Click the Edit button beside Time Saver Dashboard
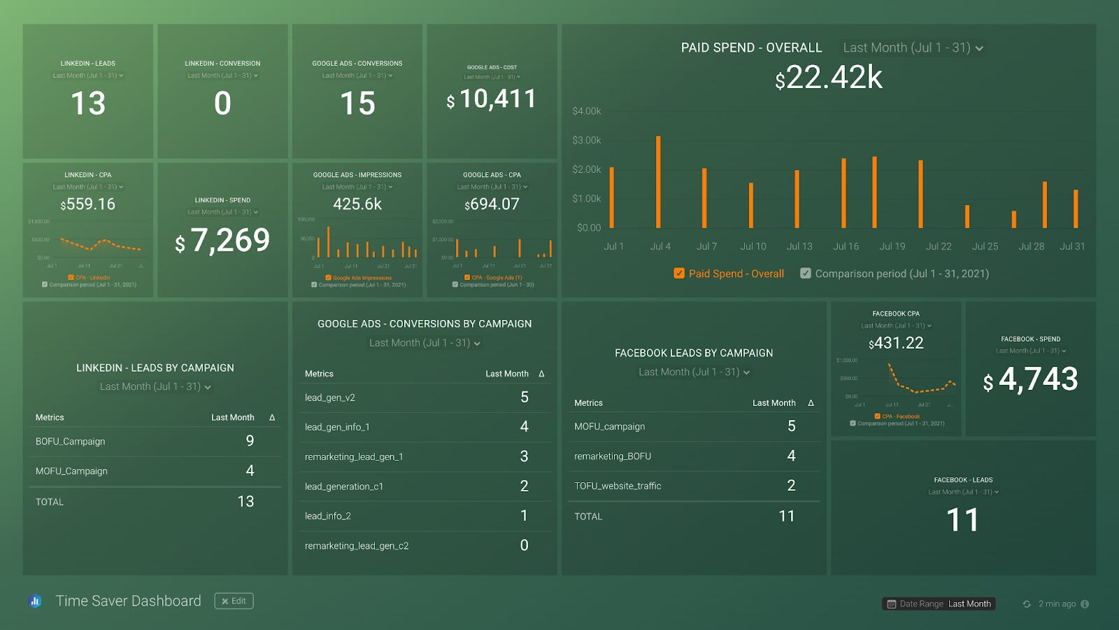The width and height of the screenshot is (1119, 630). pyautogui.click(x=234, y=601)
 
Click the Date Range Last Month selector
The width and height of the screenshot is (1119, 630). pyautogui.click(x=939, y=603)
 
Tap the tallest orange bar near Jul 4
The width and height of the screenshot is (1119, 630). pyautogui.click(x=658, y=182)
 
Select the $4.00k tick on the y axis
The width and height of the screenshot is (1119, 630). pyautogui.click(x=586, y=111)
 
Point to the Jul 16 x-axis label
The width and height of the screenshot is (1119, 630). pyautogui.click(x=846, y=246)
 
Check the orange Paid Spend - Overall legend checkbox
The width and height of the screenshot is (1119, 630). pyautogui.click(x=679, y=274)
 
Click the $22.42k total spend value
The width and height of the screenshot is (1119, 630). pyautogui.click(x=829, y=78)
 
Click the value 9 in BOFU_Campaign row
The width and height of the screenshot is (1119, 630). pyautogui.click(x=250, y=441)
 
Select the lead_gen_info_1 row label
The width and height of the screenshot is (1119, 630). pyautogui.click(x=337, y=427)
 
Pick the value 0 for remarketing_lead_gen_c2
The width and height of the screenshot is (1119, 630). pyautogui.click(x=524, y=545)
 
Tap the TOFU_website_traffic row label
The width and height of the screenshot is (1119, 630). pyautogui.click(x=618, y=486)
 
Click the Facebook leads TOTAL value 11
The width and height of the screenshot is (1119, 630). pyautogui.click(x=786, y=516)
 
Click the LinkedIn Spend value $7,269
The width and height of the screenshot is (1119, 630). pyautogui.click(x=222, y=241)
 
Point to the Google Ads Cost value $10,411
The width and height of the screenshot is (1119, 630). pyautogui.click(x=492, y=99)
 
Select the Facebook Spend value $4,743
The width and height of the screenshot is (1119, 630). pyautogui.click(x=1030, y=379)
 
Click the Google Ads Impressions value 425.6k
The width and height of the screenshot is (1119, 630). pyautogui.click(x=357, y=204)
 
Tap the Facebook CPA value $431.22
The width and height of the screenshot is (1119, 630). pyautogui.click(x=896, y=343)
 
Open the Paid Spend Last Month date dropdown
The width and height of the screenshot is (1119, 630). pyautogui.click(x=913, y=48)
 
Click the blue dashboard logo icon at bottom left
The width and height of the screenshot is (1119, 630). pyautogui.click(x=36, y=601)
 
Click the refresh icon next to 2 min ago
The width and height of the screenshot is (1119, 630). pyautogui.click(x=1027, y=604)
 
